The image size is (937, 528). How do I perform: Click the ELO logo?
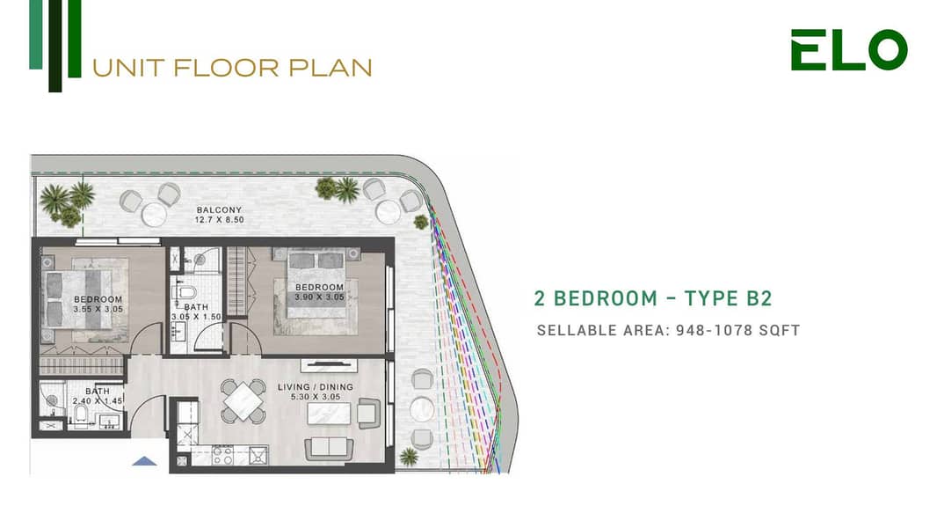[x=849, y=49]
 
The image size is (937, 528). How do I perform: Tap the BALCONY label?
[x=220, y=210]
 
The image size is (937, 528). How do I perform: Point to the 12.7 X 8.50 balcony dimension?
[x=220, y=220]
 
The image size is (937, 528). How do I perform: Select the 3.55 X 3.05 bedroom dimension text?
[x=98, y=309]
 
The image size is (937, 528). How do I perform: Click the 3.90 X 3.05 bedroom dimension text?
[x=319, y=297]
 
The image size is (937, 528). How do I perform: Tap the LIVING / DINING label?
[x=316, y=387]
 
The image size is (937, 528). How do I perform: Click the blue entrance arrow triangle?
[x=145, y=460]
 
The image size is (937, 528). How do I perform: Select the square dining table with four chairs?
[x=243, y=400]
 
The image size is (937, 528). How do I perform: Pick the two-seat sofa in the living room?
[x=329, y=449]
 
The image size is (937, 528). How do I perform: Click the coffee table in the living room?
[x=329, y=414]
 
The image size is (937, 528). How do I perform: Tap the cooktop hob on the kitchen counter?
[x=223, y=455]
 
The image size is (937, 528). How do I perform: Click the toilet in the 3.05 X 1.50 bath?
[x=185, y=292]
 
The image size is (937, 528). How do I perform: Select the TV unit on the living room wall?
[x=329, y=364]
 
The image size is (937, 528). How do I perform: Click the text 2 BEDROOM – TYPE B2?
[x=653, y=297]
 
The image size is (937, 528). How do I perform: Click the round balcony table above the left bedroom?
[x=154, y=215]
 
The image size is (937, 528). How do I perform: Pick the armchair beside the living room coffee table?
[x=368, y=414]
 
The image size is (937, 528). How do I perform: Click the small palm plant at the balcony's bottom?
[x=409, y=457]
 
